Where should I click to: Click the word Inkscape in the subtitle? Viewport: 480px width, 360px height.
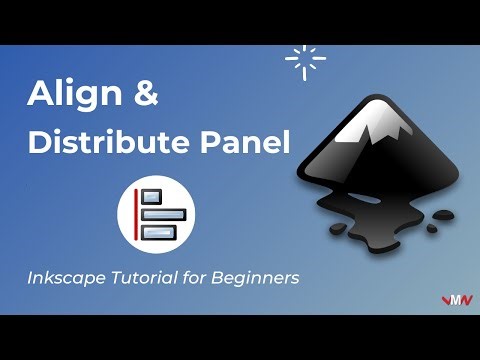coord(66,278)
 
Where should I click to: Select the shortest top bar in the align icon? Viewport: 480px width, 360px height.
coord(151,196)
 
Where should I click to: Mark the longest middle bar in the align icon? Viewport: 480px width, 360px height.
coord(160,214)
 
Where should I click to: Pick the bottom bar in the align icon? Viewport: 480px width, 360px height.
coord(157,232)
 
